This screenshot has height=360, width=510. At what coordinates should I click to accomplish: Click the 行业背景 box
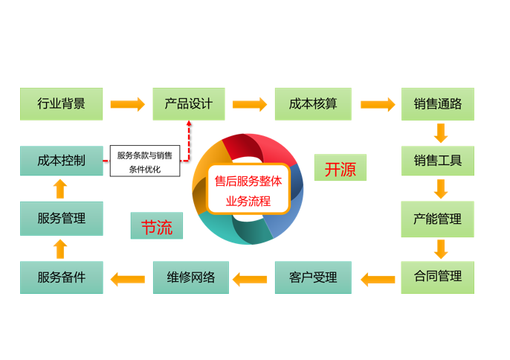click(61, 104)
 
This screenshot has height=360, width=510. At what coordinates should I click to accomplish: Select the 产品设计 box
click(188, 104)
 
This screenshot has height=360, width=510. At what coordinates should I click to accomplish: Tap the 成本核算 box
click(312, 104)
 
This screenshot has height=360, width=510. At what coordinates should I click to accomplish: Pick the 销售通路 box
click(437, 104)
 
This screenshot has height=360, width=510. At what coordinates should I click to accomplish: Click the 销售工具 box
click(437, 160)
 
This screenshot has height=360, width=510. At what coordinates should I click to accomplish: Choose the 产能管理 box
click(437, 219)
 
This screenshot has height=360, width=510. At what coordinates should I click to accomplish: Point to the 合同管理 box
click(437, 277)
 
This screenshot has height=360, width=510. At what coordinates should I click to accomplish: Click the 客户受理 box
click(312, 277)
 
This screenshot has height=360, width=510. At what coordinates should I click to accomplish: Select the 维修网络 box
click(188, 277)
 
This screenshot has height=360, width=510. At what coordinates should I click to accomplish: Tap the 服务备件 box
click(61, 277)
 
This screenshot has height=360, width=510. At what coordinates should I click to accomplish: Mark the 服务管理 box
click(61, 219)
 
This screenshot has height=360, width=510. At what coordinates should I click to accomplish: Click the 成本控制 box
click(61, 160)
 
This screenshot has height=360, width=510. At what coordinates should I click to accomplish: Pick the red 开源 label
click(340, 169)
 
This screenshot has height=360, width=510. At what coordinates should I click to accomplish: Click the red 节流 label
click(157, 227)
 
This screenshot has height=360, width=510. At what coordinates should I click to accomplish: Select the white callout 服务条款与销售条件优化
click(144, 162)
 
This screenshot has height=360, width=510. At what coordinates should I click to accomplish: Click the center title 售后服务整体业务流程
click(248, 190)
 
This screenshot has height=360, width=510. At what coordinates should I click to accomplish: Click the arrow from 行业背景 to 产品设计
click(127, 104)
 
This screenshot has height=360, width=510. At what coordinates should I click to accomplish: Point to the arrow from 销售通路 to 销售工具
click(440, 132)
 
